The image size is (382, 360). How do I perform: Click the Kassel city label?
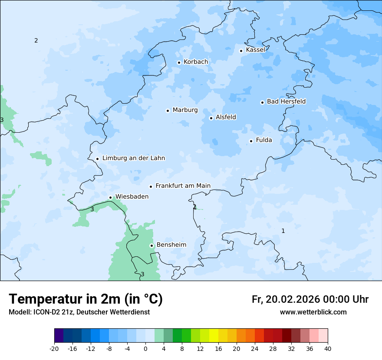click(x=255, y=50)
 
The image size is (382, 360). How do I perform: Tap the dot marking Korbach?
click(x=179, y=62)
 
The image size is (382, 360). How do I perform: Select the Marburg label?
click(x=185, y=110)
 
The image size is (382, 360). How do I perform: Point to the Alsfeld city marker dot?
click(x=211, y=118)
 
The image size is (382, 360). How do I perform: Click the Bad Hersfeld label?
click(x=286, y=101)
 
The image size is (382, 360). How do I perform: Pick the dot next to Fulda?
click(x=251, y=141)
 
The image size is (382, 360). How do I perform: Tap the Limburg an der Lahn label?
click(x=133, y=158)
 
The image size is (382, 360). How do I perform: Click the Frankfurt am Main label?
click(x=183, y=186)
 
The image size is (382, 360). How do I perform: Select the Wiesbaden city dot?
click(x=110, y=198)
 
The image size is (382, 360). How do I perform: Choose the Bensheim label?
click(x=171, y=245)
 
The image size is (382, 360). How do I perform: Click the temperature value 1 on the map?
click(x=283, y=231)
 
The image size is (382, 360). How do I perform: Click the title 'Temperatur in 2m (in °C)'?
click(x=86, y=299)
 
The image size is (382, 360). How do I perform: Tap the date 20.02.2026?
click(x=292, y=299)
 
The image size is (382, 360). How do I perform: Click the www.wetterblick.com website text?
click(x=313, y=312)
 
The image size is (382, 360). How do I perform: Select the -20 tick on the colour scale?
click(x=54, y=349)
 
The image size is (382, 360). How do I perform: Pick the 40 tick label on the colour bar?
click(x=328, y=349)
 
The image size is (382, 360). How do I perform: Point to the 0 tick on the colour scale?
click(x=145, y=349)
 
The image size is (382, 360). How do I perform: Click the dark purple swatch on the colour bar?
click(x=59, y=336)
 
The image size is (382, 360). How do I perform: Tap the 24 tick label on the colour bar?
click(x=255, y=349)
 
